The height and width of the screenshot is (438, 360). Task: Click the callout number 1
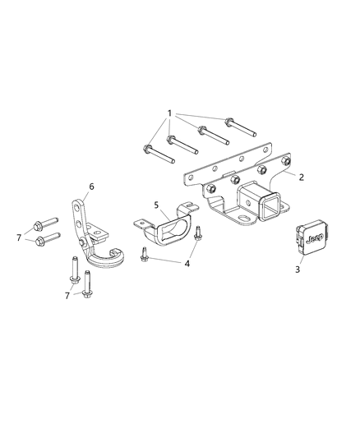click(170, 112)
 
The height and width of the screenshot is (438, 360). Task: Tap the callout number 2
click(302, 177)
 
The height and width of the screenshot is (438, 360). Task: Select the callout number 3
click(298, 268)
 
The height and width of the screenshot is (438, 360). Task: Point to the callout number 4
click(187, 263)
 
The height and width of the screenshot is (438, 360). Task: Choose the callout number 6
click(91, 187)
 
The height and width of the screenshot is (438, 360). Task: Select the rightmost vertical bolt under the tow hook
click(86, 284)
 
